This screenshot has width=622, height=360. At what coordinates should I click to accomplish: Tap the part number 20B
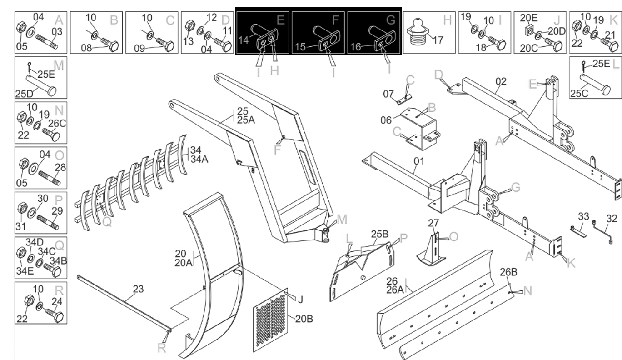pyautogui.click(x=304, y=319)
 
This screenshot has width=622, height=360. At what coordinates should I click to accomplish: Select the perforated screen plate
pyautogui.click(x=270, y=320)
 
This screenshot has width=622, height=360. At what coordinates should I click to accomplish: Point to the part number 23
pyautogui.click(x=138, y=289)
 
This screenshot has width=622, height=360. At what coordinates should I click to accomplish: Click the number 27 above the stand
pyautogui.click(x=433, y=223)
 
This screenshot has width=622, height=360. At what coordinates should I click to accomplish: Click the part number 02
pyautogui.click(x=501, y=81)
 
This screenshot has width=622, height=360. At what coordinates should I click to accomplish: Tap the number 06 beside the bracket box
pyautogui.click(x=386, y=120)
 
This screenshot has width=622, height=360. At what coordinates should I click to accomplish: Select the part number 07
pyautogui.click(x=388, y=94)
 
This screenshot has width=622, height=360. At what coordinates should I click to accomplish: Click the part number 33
pyautogui.click(x=583, y=216)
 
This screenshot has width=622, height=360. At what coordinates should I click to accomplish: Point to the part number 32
pyautogui.click(x=612, y=219)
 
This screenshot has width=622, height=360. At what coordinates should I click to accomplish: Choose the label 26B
pyautogui.click(x=508, y=272)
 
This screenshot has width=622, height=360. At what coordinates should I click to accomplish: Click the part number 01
pyautogui.click(x=419, y=161)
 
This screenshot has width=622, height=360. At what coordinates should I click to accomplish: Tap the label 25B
pyautogui.click(x=379, y=234)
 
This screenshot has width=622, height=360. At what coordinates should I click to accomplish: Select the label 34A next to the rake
pyautogui.click(x=199, y=160)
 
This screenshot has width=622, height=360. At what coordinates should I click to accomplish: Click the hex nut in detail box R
pyautogui.click(x=29, y=301)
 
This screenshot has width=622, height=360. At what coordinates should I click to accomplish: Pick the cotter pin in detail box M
pyautogui.click(x=30, y=67)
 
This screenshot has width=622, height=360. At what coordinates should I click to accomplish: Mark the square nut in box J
pyautogui.click(x=529, y=30)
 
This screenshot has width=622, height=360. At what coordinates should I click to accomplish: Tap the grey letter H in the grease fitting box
pyautogui.click(x=447, y=20)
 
